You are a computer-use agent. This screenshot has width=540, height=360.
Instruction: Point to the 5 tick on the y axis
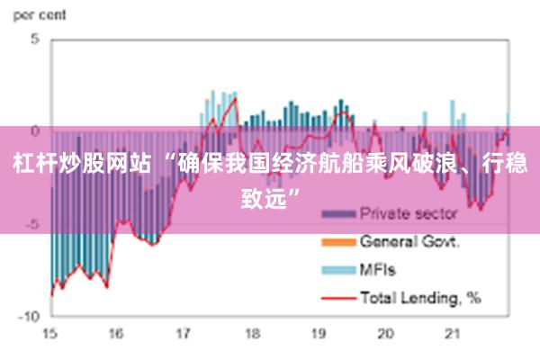coord(36,40)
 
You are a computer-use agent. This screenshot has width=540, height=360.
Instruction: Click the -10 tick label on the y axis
coord(31,316)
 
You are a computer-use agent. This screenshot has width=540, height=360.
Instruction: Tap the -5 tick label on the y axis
coord(33,224)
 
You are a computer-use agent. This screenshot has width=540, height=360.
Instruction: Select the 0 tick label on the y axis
coord(36,131)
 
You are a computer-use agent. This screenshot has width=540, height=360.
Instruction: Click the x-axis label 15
coord(49,334)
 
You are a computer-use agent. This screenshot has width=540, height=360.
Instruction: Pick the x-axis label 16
coord(116,334)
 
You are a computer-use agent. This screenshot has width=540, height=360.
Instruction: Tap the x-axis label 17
coord(184,334)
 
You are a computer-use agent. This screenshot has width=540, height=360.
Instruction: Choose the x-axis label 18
coord(251,334)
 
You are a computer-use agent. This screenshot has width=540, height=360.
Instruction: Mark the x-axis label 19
coord(319,334)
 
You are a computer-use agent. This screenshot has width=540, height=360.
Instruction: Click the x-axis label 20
coord(385,334)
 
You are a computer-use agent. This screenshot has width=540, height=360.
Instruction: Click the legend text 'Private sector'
coord(409,214)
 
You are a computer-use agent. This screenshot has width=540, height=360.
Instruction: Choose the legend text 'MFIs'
coord(378,268)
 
